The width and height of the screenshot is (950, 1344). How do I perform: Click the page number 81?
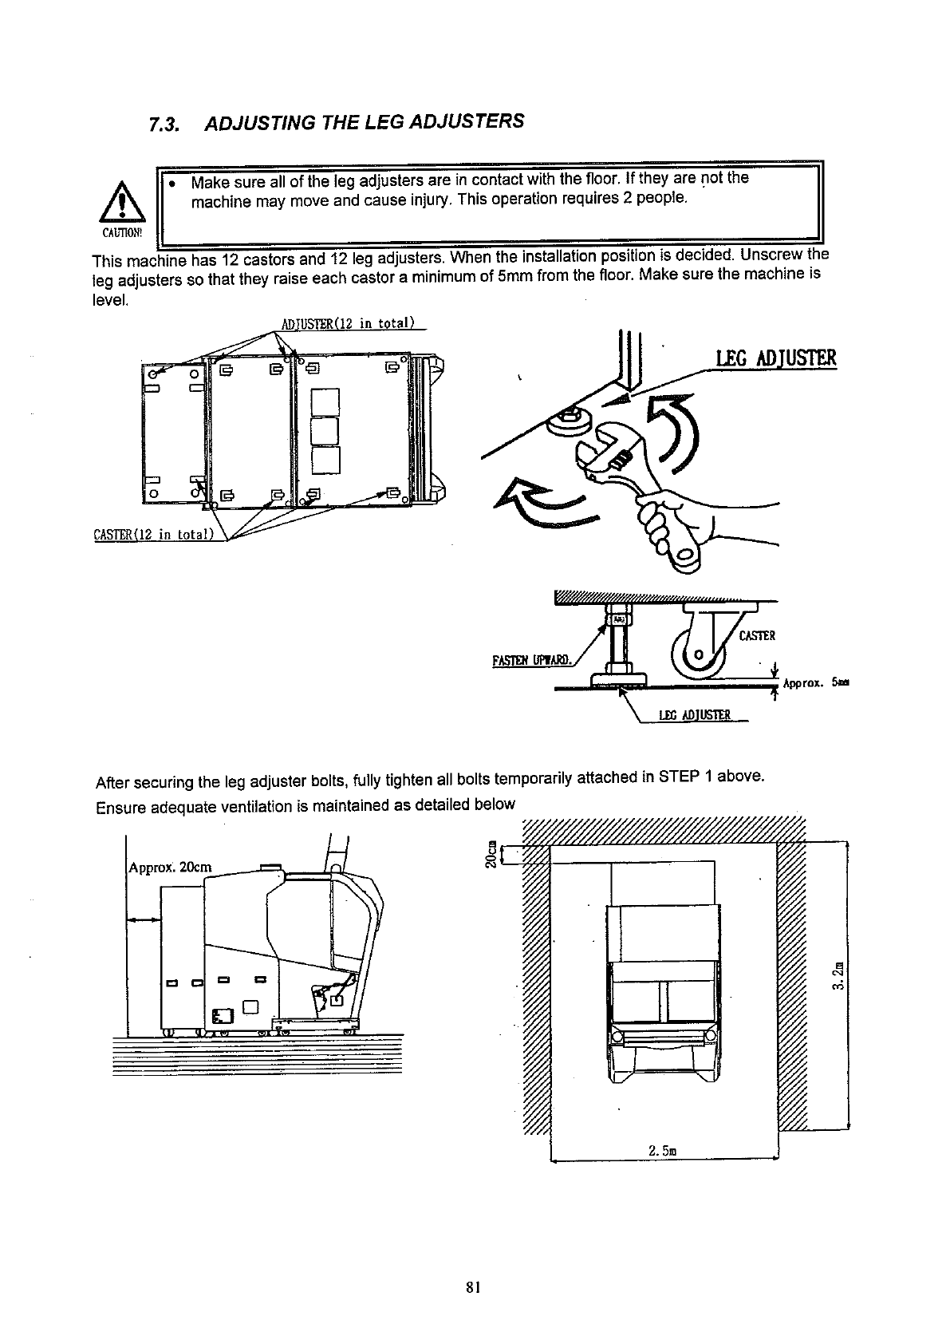tap(474, 1286)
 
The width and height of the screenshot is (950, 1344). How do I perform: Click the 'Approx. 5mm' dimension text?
tap(815, 683)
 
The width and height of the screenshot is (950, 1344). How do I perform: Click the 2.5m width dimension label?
tap(663, 1151)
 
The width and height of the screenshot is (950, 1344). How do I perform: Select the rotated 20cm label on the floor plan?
tap(492, 855)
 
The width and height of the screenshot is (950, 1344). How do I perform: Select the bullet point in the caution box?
tap(173, 183)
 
